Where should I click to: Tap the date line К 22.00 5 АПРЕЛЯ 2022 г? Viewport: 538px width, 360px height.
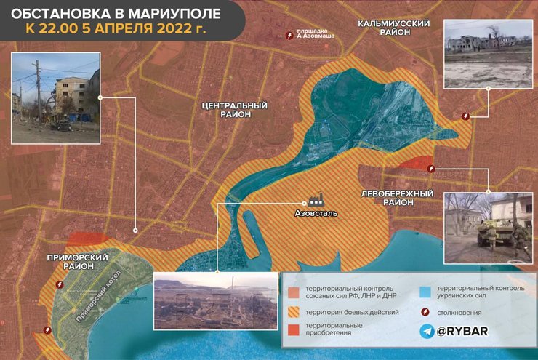(116, 31)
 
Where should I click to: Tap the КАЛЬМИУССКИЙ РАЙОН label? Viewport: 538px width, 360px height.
(394, 28)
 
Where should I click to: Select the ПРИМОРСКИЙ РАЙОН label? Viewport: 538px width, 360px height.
(73, 263)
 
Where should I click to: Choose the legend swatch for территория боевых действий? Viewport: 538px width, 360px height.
(293, 312)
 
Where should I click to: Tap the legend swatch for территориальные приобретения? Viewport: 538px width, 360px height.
(293, 329)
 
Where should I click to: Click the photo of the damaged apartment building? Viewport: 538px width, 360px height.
(55, 95)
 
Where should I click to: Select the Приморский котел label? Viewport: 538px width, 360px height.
(97, 296)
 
